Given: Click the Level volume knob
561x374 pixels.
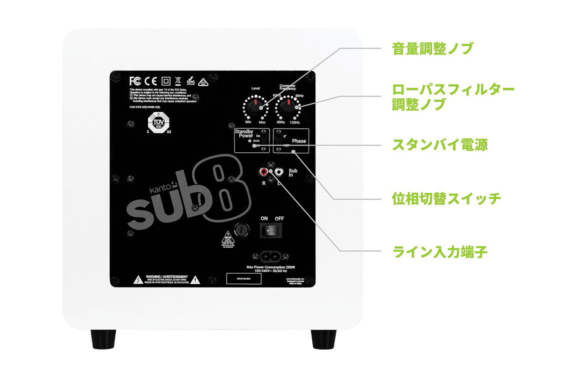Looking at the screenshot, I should pos(255,106).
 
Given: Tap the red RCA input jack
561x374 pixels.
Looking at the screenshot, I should pos(263,172).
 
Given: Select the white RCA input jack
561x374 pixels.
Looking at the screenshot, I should pos(279,172).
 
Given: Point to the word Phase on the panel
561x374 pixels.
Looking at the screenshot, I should pos(299,141).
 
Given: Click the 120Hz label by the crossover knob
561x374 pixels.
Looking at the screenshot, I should pos(294,122).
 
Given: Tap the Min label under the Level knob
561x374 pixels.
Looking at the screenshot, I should pos(248,122).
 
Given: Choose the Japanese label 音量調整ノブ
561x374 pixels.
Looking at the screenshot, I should pos(432,48).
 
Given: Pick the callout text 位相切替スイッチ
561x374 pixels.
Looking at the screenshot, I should pos(446,198).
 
